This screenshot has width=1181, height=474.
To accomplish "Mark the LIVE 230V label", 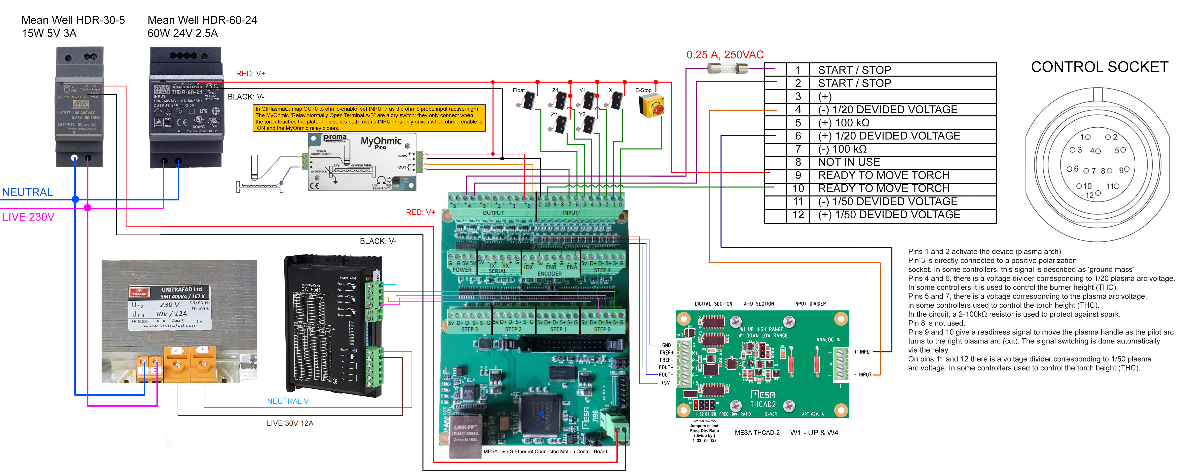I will point(28,217).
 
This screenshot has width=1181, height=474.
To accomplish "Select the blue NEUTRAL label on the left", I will point(28,192).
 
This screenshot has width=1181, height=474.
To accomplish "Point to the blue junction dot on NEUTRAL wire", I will point(76,199).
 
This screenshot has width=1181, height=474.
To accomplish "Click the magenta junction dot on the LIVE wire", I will point(88,208).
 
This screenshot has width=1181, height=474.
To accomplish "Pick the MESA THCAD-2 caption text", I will point(757,433).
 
